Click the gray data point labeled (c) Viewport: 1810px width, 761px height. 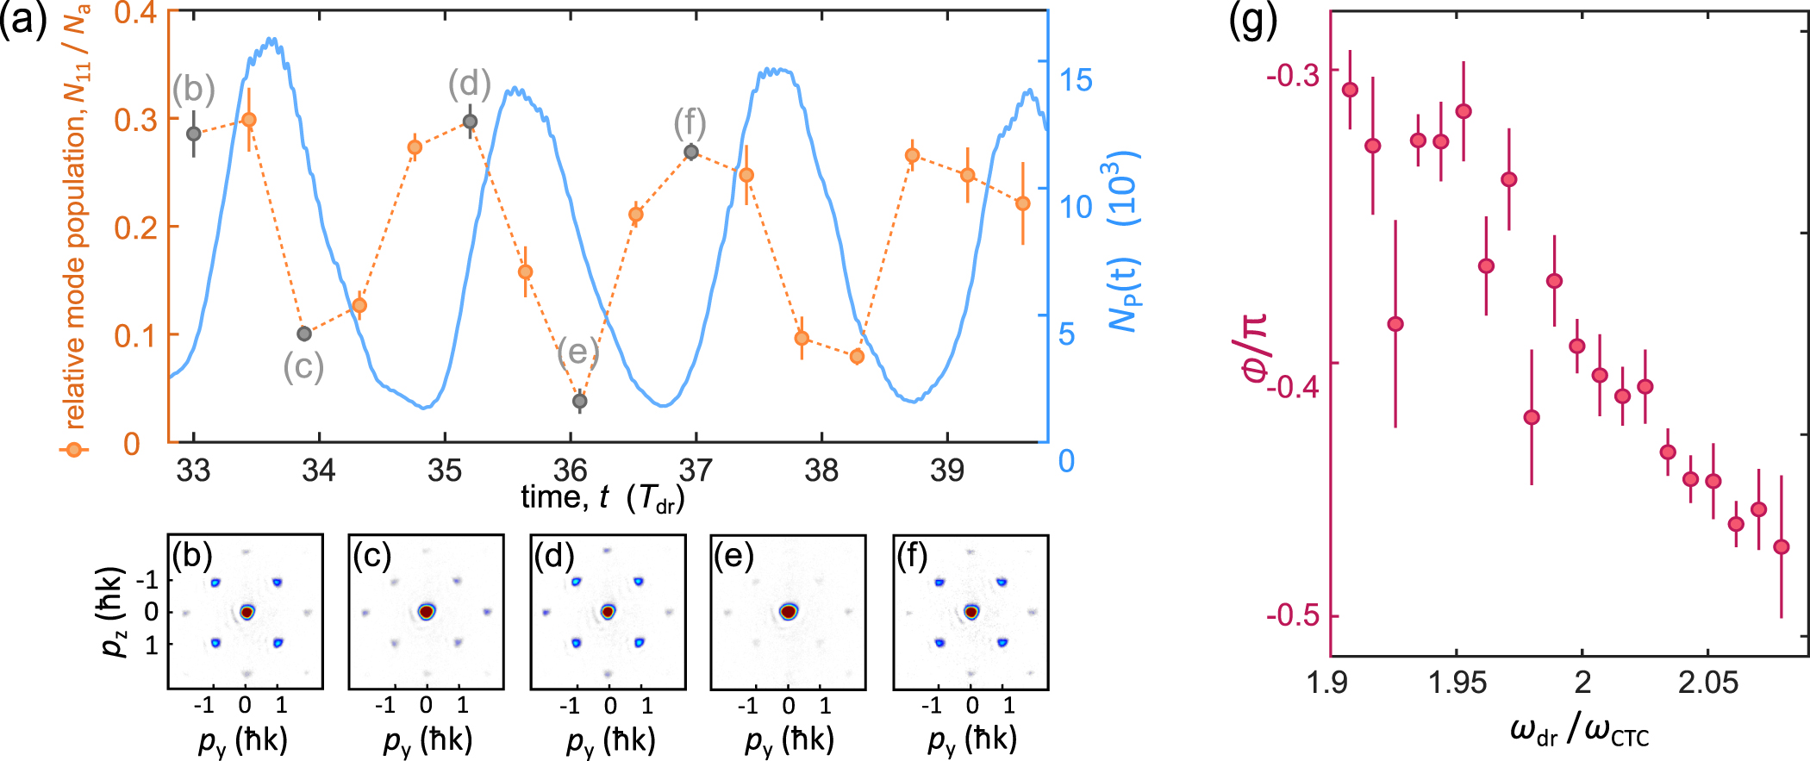tap(303, 334)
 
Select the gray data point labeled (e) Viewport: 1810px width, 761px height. tap(580, 401)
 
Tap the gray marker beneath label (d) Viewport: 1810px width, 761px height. tap(470, 122)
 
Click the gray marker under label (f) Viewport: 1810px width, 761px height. tap(690, 152)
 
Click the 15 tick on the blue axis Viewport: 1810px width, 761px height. tap(1075, 80)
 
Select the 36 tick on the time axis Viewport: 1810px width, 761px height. tap(571, 471)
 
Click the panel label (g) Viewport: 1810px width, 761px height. tap(1252, 21)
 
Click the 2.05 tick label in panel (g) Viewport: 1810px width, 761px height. tap(1707, 683)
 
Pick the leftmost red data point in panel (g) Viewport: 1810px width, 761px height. tap(1350, 90)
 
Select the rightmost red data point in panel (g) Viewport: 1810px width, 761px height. tap(1782, 546)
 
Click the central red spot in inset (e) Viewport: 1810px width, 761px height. tap(788, 612)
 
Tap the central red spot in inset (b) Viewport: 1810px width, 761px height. tap(247, 612)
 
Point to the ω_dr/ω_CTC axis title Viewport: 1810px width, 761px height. tap(1579, 733)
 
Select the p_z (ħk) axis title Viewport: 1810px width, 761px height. tap(114, 611)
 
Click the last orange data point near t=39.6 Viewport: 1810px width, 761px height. tap(1023, 203)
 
